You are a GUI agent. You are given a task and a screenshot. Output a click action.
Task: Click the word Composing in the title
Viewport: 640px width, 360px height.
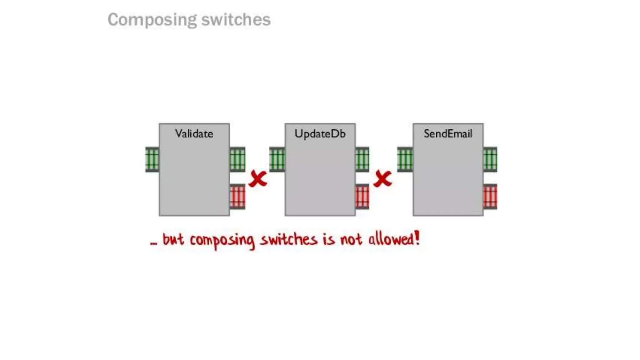(152, 20)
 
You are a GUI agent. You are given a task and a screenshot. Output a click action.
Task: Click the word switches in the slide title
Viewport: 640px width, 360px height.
(236, 20)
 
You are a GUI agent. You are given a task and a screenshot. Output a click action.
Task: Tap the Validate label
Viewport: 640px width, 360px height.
(194, 134)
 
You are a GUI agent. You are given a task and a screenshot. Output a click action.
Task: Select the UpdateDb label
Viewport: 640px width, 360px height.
(320, 134)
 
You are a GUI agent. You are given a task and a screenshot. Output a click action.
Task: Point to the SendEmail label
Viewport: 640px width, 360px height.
(448, 134)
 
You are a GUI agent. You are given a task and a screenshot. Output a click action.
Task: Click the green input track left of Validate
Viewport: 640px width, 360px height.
(152, 159)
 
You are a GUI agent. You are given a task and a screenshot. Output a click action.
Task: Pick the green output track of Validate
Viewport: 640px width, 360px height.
(237, 159)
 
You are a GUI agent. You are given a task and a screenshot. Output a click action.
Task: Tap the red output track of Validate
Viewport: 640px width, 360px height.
(237, 197)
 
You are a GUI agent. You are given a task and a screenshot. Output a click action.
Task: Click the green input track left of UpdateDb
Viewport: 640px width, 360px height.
(277, 159)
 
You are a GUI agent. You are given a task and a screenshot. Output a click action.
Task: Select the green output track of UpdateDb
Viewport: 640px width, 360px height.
(362, 159)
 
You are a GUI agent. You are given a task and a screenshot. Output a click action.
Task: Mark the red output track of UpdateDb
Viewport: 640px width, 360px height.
(362, 197)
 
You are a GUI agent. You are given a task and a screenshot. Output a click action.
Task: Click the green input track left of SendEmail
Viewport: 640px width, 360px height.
(405, 159)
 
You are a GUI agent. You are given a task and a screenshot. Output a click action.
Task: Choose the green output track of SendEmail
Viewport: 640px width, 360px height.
(490, 159)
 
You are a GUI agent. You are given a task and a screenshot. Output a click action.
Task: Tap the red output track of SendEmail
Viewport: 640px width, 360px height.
(490, 197)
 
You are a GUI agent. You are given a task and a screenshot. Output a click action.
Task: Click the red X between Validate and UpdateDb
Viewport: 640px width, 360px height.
(258, 179)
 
